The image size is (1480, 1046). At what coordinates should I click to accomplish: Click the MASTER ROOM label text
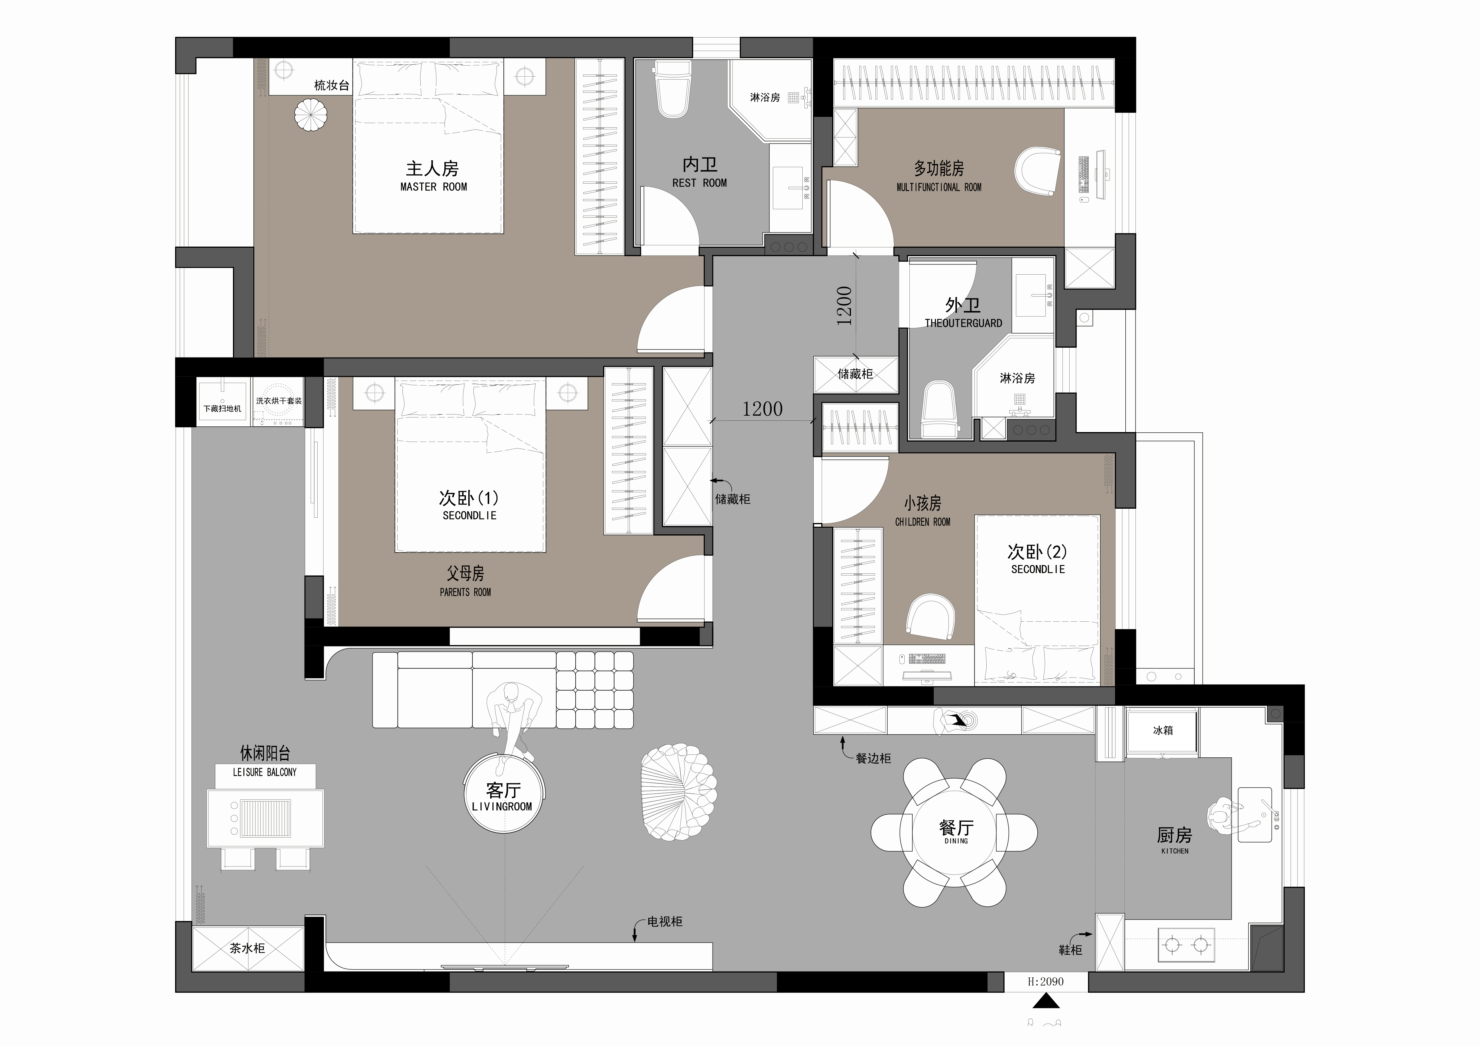point(434,187)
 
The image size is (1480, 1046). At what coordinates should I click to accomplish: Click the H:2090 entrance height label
point(1045,982)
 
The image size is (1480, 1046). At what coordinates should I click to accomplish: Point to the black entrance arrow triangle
point(1046,1001)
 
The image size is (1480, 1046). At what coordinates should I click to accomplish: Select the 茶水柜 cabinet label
point(248,948)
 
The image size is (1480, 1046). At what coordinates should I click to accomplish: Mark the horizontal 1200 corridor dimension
point(763,409)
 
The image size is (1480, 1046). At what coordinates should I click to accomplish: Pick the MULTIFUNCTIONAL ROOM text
point(939,188)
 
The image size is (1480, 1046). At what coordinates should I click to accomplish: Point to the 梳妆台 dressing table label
point(331,85)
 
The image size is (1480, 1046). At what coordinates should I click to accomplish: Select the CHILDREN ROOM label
point(923,522)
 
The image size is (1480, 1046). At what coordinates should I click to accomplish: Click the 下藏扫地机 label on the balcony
point(223,409)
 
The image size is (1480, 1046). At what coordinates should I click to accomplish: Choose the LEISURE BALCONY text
point(265,772)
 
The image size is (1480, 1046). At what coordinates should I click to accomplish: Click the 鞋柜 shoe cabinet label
point(1070,950)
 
